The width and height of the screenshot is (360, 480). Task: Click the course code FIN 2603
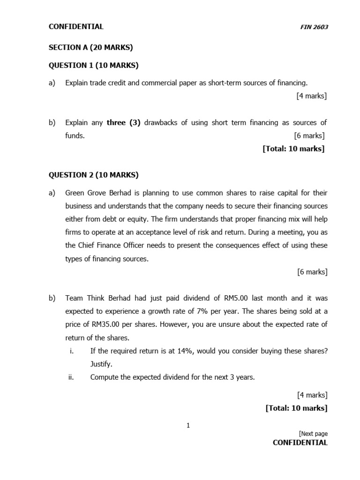pos(314,27)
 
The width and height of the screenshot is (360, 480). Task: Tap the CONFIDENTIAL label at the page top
pos(76,27)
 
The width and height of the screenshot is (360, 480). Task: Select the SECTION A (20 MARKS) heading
pos(91,47)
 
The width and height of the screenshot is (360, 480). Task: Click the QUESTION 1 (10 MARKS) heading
pos(94,65)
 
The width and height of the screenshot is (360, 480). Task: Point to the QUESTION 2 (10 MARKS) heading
pos(94,175)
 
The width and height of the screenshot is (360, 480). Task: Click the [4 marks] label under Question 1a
pos(312,96)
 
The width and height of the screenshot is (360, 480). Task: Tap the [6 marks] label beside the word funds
pos(309,136)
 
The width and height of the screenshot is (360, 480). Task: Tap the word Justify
pos(102,364)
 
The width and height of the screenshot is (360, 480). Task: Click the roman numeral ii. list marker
pos(71,377)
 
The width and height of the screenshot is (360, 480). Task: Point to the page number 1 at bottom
pos(188,426)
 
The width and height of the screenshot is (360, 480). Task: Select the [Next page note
pos(313,434)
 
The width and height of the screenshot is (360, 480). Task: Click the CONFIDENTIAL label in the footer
pos(300,442)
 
